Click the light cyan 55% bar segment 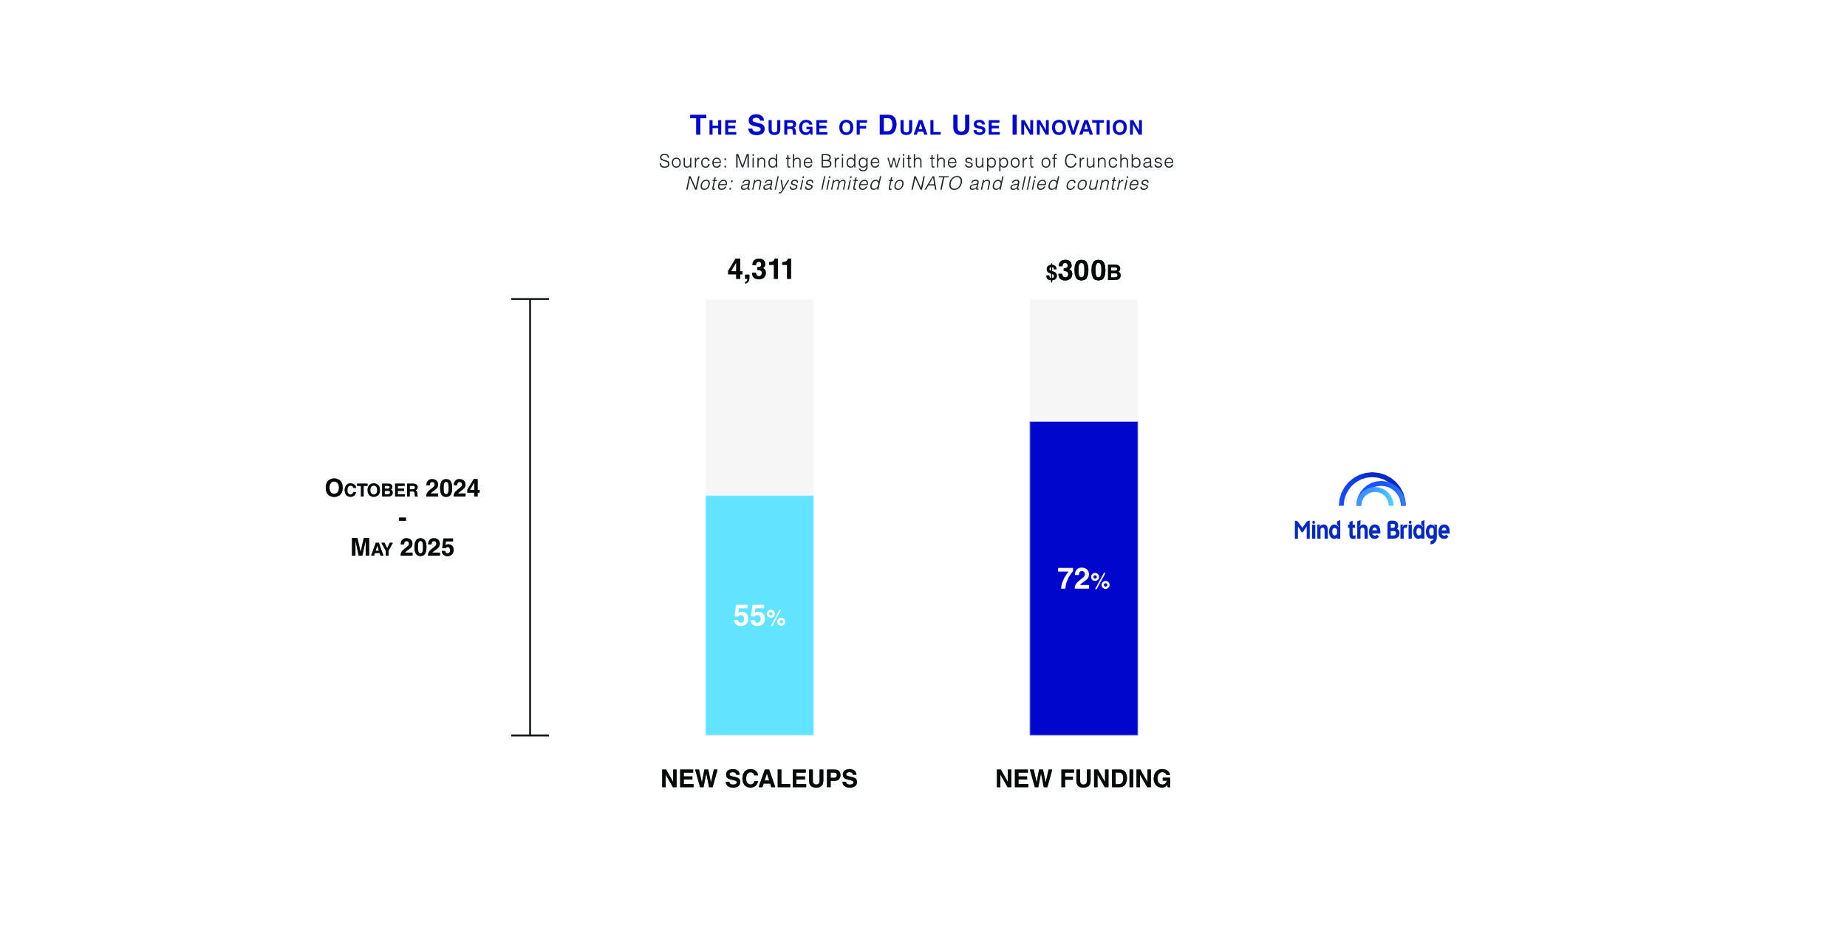tap(760, 615)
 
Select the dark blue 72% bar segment tap(1084, 579)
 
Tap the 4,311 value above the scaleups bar tap(760, 270)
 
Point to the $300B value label tap(1083, 271)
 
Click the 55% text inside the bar tap(759, 616)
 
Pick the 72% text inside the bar tap(1083, 579)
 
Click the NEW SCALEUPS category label tap(759, 779)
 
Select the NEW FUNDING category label tap(1083, 779)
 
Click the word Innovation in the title tap(1077, 126)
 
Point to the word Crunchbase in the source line tap(1119, 161)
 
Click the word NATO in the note tap(937, 183)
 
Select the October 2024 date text tap(402, 488)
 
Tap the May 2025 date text tap(402, 548)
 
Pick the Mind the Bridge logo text tap(1371, 531)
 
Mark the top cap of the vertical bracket tap(530, 299)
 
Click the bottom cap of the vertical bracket tap(530, 735)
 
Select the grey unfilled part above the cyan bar tap(760, 398)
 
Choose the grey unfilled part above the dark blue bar tap(1084, 361)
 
